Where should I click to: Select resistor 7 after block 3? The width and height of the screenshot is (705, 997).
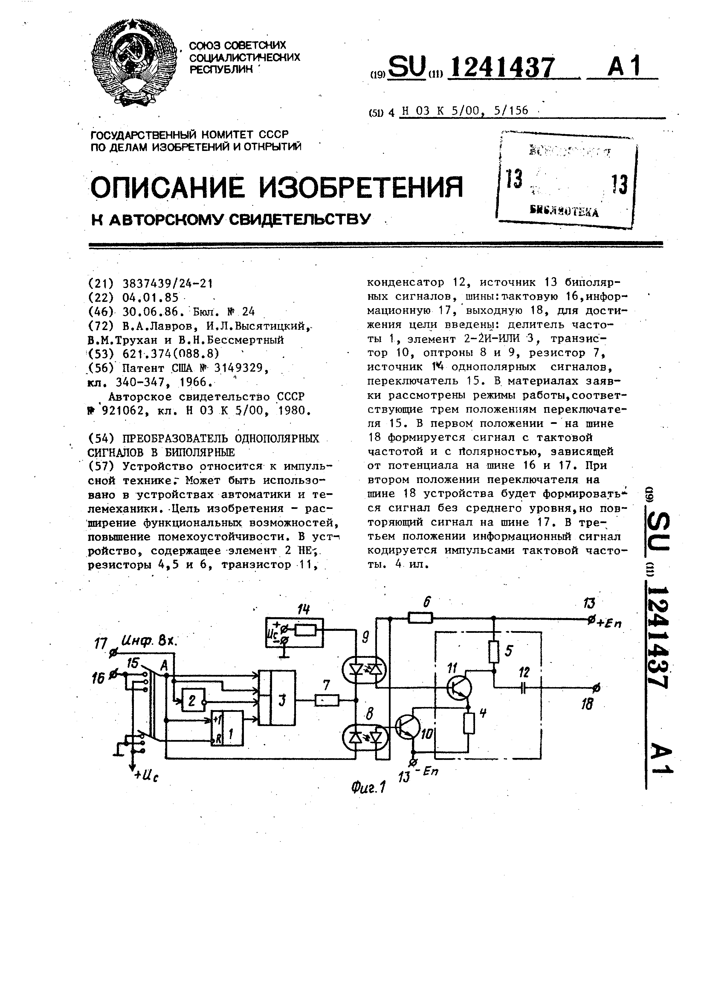(x=326, y=700)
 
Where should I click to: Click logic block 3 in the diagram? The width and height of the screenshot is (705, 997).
(x=277, y=698)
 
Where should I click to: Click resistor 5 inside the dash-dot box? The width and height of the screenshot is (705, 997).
(x=494, y=651)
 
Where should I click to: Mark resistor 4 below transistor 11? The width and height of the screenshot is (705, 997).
(x=468, y=723)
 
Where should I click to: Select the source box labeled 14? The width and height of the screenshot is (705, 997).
(x=295, y=632)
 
